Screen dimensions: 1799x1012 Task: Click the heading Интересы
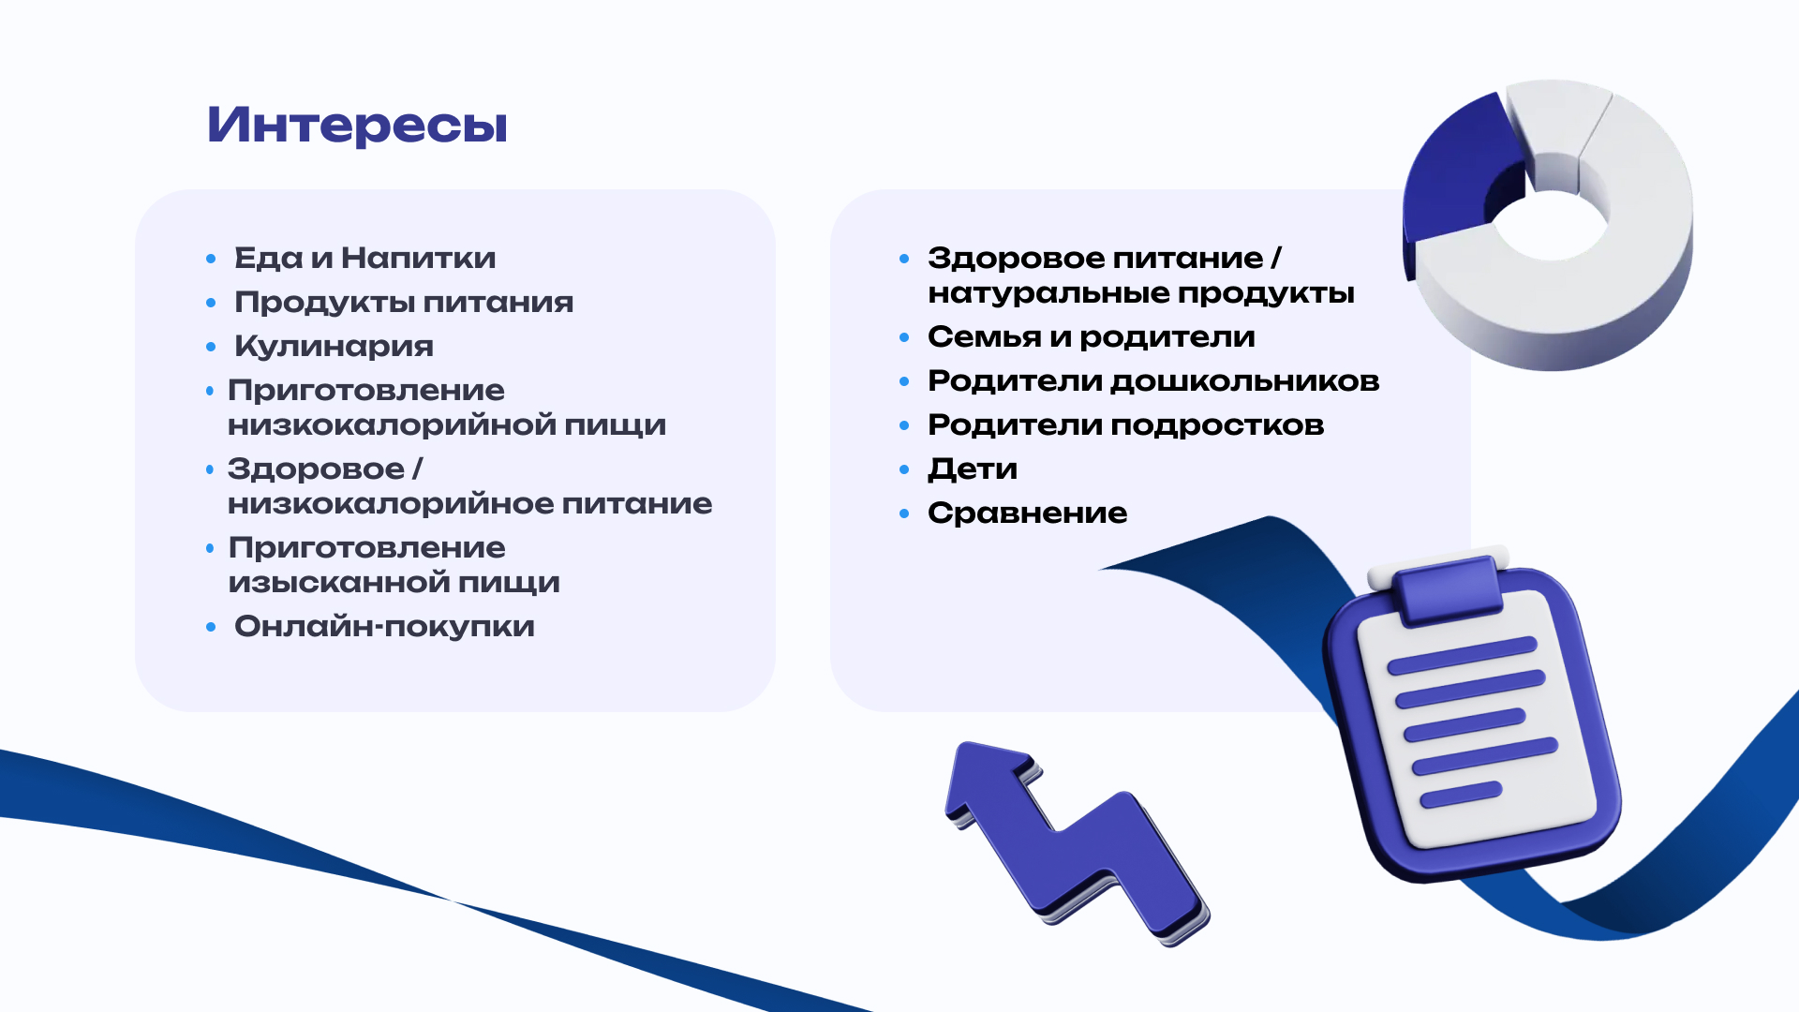point(357,125)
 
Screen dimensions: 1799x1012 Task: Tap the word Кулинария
point(334,346)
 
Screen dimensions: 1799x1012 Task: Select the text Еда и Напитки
point(364,258)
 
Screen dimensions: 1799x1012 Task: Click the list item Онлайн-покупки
point(384,626)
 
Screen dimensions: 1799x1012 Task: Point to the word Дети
point(973,469)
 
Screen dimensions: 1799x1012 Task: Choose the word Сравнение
point(1027,513)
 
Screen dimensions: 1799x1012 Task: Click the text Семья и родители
point(1091,336)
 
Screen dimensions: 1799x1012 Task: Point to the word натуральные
point(1048,293)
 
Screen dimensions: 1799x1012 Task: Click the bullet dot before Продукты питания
point(211,303)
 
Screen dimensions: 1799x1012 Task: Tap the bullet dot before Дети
point(904,469)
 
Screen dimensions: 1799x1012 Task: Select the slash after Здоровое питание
point(1276,258)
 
